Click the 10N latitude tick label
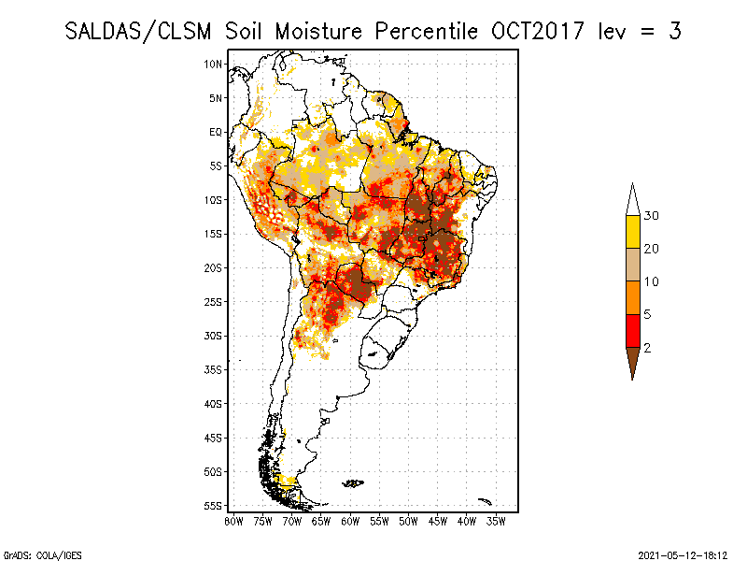[x=213, y=64]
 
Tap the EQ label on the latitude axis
[x=216, y=132]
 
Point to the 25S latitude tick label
[x=213, y=302]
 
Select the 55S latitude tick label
[x=213, y=506]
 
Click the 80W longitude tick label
[x=233, y=522]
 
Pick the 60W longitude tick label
[x=350, y=522]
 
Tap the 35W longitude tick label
[x=496, y=522]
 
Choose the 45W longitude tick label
[x=437, y=522]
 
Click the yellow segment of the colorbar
[x=633, y=232]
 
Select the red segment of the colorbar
[x=633, y=331]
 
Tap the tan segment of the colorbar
[x=633, y=265]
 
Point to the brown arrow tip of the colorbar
[x=633, y=380]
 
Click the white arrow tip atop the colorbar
[x=633, y=183]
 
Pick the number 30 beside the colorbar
[x=651, y=216]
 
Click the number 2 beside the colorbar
[x=647, y=348]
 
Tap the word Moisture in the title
[x=318, y=32]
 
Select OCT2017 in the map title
[x=538, y=32]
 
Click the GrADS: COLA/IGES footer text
[x=43, y=555]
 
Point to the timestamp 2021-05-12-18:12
[x=683, y=555]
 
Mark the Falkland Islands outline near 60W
[x=353, y=483]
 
